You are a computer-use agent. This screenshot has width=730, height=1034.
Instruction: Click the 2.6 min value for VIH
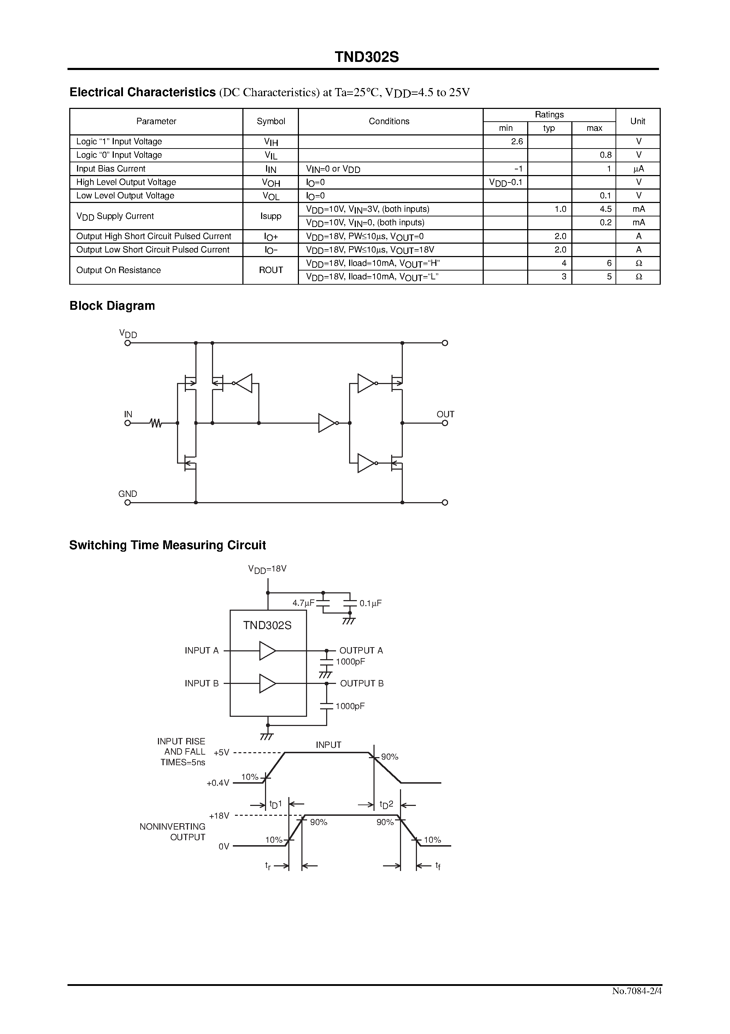517,141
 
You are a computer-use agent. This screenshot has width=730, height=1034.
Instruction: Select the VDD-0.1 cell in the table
505,182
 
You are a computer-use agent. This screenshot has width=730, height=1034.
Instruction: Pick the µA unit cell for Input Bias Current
638,169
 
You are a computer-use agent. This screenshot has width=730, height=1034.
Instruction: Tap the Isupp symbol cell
271,216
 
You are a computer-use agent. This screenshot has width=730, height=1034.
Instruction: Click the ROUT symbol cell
271,270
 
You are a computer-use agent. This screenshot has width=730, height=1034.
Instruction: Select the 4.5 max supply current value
605,209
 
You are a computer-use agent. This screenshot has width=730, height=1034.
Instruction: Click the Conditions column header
389,121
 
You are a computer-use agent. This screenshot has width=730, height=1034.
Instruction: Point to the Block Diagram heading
112,306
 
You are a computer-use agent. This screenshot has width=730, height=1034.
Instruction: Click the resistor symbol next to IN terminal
156,423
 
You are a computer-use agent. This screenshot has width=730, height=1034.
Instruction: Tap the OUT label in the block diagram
445,414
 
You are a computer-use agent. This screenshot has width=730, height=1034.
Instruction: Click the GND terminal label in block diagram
127,494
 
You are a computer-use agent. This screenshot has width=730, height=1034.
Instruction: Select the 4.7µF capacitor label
303,603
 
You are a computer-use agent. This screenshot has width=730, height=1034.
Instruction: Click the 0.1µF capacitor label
370,603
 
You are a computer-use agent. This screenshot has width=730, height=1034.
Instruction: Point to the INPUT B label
201,684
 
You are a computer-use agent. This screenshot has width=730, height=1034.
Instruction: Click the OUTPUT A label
361,650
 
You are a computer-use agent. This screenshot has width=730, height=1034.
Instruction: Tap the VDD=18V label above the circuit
267,569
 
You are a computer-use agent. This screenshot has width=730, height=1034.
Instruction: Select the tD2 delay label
387,804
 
